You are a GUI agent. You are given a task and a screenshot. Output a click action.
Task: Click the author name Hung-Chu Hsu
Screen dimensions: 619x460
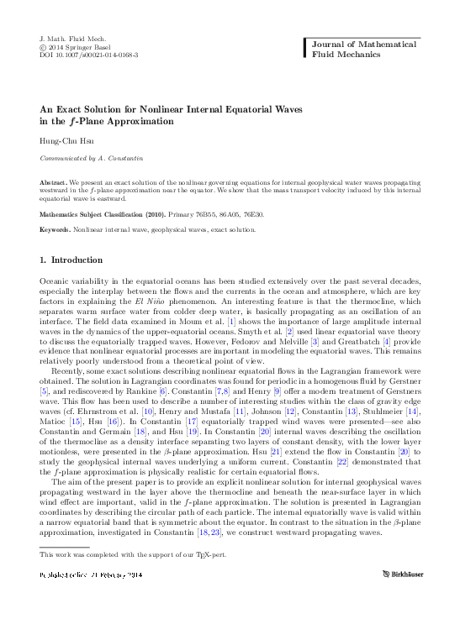pos(63,141)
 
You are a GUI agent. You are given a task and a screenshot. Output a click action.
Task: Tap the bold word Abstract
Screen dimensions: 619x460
pos(55,182)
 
